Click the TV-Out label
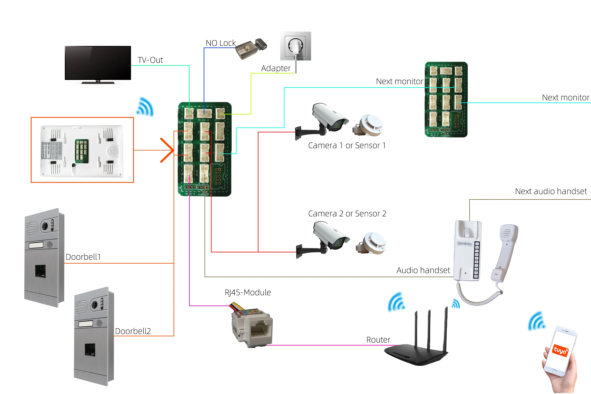click(x=150, y=60)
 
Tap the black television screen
click(x=98, y=63)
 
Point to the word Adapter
click(x=276, y=68)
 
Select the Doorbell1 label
click(x=83, y=257)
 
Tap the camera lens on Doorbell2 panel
click(x=95, y=305)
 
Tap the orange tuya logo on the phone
click(x=560, y=350)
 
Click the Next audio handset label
click(x=551, y=191)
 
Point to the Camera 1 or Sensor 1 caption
click(x=347, y=146)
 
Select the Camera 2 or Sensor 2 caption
click(x=347, y=214)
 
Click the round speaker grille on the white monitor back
click(x=112, y=151)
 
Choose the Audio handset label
click(x=423, y=270)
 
